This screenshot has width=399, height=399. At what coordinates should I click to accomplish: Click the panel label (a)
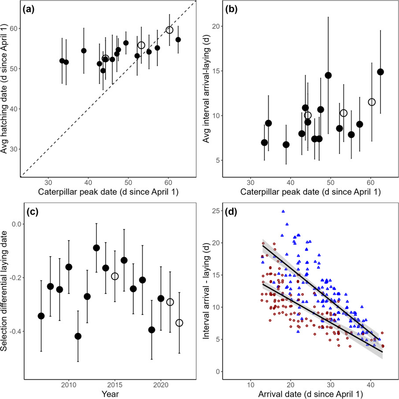point(33,9)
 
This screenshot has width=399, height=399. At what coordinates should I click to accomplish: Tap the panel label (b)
point(235,9)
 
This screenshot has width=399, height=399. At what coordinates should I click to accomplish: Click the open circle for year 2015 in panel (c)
point(115,276)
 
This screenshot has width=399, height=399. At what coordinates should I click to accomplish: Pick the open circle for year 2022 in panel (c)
point(179,323)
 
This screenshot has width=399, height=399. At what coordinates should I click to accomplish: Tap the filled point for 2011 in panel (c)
point(78,336)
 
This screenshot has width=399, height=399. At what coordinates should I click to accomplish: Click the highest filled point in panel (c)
point(96,248)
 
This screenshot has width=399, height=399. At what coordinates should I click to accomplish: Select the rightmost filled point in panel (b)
point(381,72)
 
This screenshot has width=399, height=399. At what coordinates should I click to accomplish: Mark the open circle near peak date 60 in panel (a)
point(170,30)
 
